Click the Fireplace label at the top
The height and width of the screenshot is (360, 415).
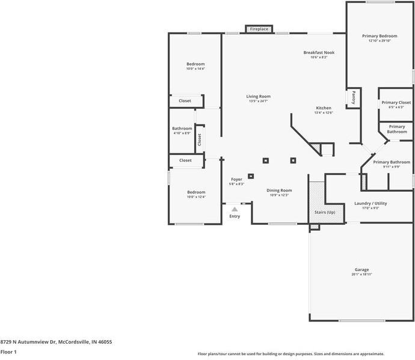tap(259, 29)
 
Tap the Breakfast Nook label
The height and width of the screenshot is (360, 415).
tap(319, 53)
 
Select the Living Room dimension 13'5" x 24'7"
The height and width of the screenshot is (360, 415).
tap(258, 102)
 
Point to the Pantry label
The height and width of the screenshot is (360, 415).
tap(354, 97)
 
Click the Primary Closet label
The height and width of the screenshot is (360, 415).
tap(396, 103)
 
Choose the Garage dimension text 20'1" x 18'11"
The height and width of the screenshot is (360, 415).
tap(361, 275)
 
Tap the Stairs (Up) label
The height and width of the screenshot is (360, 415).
tap(325, 212)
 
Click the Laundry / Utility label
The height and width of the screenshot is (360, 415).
tap(370, 203)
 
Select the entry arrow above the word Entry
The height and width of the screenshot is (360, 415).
tap(235, 209)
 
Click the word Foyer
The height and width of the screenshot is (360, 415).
tap(237, 179)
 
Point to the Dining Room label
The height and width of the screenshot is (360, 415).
tap(279, 190)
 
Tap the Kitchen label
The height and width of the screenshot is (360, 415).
tap(324, 108)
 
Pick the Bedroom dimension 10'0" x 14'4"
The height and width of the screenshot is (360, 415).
tap(195, 69)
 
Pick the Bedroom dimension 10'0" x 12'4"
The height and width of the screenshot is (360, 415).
tap(195, 197)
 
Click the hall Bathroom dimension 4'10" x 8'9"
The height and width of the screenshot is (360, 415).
tap(182, 133)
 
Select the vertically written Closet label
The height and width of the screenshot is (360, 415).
tap(200, 139)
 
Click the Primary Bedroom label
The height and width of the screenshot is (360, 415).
tap(380, 36)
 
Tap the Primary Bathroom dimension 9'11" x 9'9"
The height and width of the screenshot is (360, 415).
tap(392, 167)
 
